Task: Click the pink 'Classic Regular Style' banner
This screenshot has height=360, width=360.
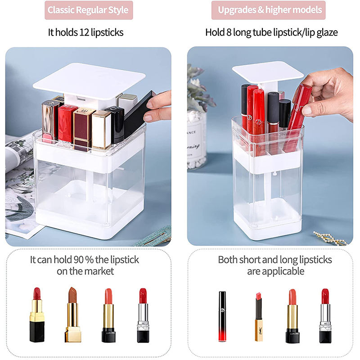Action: point(88,10)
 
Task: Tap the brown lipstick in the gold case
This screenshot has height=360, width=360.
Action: point(72,315)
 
